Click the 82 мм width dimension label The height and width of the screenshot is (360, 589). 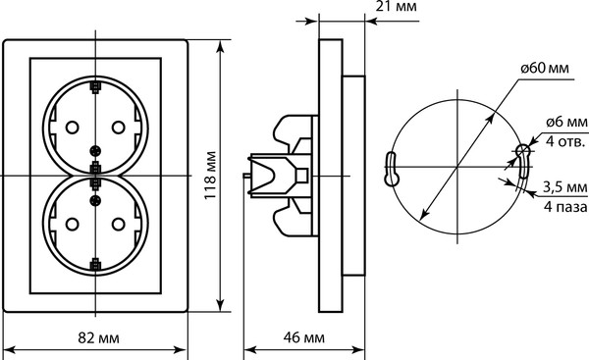pos(98,337)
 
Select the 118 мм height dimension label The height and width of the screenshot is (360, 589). pos(211,176)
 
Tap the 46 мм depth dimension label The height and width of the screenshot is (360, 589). pos(304,337)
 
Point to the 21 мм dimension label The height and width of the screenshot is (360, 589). pos(397,7)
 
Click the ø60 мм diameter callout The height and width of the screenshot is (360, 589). pos(545,68)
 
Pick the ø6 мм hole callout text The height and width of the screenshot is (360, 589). pos(566,122)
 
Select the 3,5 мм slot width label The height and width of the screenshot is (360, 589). pos(565,186)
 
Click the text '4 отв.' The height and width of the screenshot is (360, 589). pos(565,141)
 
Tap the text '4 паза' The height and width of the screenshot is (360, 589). pos(565,206)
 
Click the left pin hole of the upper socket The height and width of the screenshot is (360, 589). pos(72,128)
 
